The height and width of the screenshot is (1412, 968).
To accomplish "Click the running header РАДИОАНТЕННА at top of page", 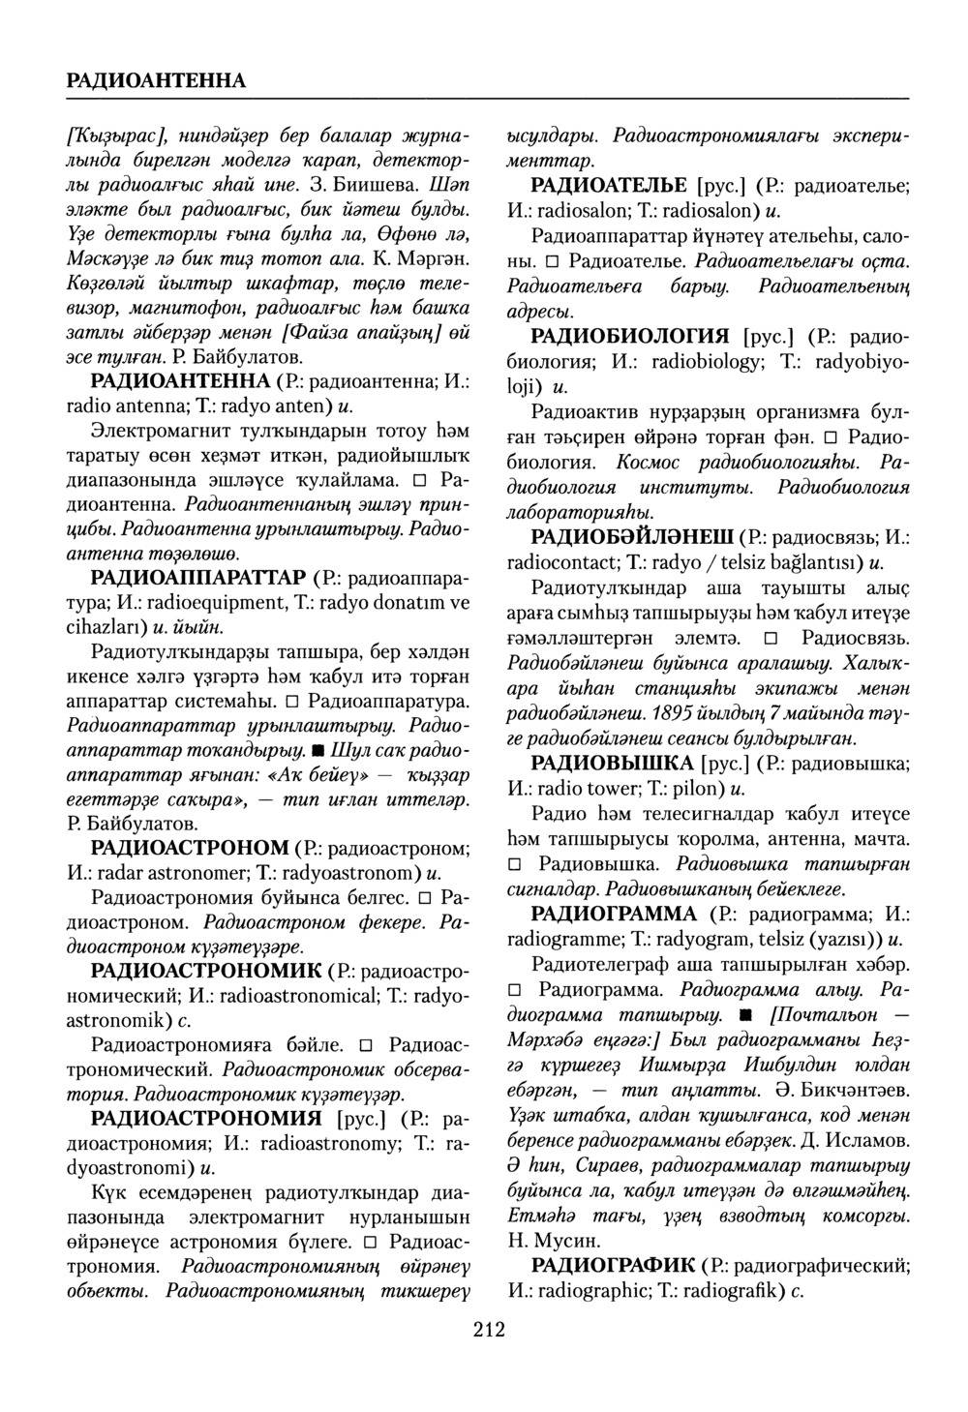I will tap(156, 79).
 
